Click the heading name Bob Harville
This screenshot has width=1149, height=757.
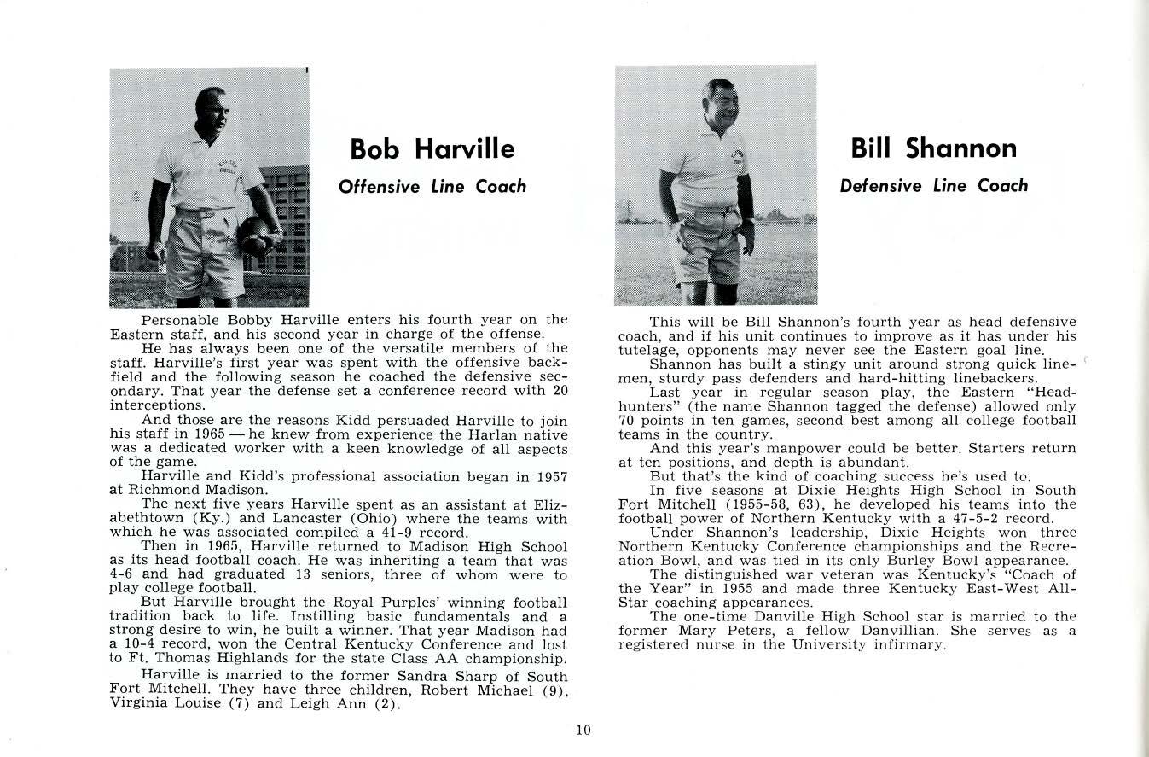pos(432,149)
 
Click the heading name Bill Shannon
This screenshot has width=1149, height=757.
pos(933,148)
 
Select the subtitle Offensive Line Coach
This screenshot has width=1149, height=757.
pos(432,186)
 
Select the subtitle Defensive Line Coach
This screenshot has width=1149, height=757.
pos(933,185)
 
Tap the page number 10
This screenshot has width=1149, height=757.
pos(583,730)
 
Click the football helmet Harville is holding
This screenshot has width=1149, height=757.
pos(258,236)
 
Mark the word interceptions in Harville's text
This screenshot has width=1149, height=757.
pos(157,405)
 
